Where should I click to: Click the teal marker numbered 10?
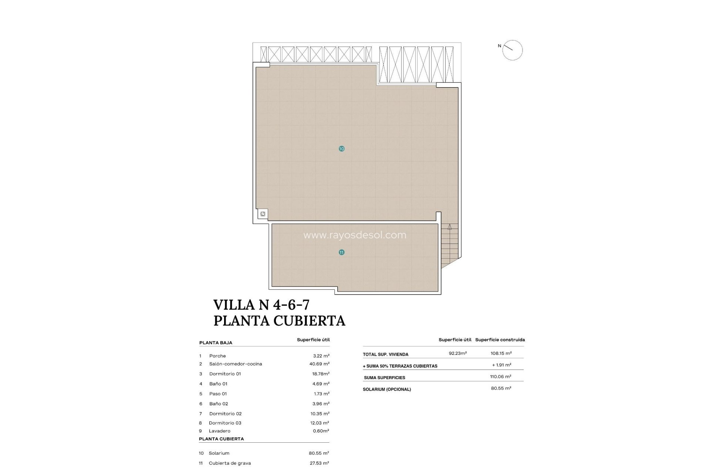point(341,149)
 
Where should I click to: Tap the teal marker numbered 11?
point(341,252)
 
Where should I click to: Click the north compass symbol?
point(512,50)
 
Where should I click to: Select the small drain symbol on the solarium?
point(263,214)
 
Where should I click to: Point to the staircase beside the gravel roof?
point(449,244)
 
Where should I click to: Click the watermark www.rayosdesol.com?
point(355,235)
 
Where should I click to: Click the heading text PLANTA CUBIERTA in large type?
point(279,321)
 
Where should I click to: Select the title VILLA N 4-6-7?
point(261,305)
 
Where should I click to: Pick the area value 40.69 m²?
point(319,364)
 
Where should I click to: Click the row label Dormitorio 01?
point(225,374)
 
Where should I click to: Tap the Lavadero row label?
point(219,431)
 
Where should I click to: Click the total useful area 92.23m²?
point(458,353)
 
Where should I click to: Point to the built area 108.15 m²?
point(501,353)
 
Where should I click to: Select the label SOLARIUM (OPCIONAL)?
point(387,389)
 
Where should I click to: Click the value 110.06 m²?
point(500,377)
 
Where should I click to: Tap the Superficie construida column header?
point(500,340)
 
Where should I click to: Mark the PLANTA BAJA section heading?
point(216,343)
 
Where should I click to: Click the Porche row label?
point(217,356)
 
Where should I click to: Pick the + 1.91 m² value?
point(501,365)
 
